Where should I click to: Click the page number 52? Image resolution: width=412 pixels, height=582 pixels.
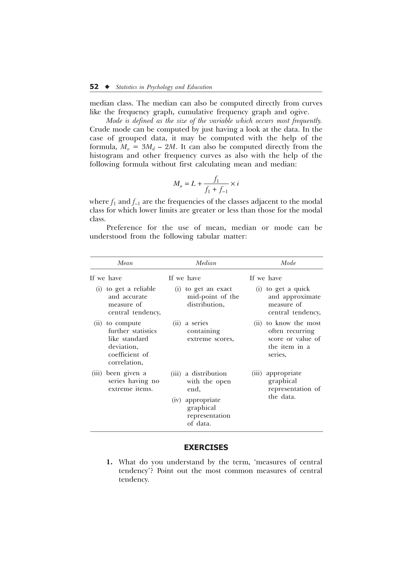94,87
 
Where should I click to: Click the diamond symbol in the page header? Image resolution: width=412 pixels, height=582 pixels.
107,87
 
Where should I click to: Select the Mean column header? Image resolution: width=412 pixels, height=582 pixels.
125,263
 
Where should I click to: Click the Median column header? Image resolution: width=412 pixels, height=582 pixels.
206,263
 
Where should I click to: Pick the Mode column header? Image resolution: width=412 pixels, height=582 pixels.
288,263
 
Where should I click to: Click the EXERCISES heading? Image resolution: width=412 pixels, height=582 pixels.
206,447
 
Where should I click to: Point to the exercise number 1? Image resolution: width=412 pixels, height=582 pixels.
109,462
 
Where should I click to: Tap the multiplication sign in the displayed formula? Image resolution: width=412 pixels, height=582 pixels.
233,184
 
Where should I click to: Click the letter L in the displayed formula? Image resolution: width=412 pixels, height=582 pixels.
193,184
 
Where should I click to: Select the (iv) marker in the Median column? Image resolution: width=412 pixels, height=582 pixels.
176,400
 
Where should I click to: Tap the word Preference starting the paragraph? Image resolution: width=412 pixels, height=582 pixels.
124,228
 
